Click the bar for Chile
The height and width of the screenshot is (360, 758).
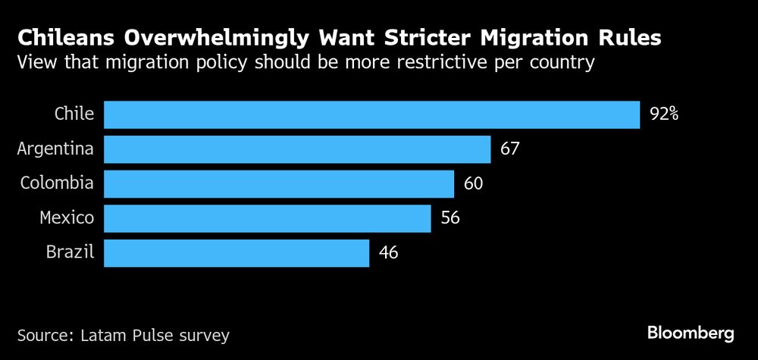coord(371,115)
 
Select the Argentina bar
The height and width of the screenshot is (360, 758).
coord(297,149)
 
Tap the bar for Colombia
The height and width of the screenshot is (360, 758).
coord(278,183)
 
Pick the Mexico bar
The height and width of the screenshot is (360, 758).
coord(267,218)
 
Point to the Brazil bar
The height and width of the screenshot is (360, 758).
coord(236,253)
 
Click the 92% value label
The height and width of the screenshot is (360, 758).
coord(664,115)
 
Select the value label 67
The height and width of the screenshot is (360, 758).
coord(509,149)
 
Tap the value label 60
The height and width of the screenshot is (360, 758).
coord(473,183)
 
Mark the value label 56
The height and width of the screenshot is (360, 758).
coord(449,218)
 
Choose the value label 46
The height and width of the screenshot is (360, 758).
coord(388,253)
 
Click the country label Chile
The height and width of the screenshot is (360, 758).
coord(74,114)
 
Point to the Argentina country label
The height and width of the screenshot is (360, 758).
coord(55,149)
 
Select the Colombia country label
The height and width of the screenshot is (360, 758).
coord(57,183)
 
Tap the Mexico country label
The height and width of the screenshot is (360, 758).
coord(67,218)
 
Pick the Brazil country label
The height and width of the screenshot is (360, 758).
coord(69,253)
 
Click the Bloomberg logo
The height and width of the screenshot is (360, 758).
coord(691,333)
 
